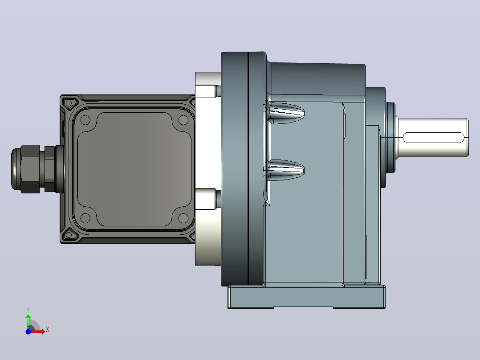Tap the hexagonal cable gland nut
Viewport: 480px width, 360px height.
point(30,169)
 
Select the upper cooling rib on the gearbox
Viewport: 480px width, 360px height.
point(285,113)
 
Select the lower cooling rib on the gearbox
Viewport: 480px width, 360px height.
point(285,170)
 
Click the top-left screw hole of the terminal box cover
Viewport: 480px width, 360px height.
point(85,120)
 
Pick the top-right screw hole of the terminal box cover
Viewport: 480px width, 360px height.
point(183,120)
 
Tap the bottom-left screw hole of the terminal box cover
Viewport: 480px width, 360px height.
point(85,218)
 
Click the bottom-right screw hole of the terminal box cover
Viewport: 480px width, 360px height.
point(183,218)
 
